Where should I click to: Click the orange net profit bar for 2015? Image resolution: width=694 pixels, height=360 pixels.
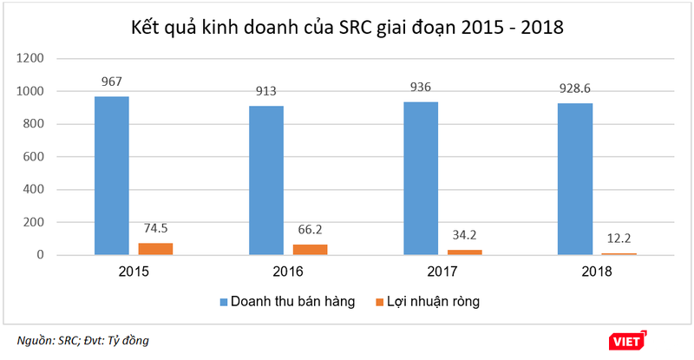(x=156, y=249)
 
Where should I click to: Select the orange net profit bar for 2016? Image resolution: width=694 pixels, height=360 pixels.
(x=311, y=250)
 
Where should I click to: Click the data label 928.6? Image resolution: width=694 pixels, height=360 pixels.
(x=577, y=88)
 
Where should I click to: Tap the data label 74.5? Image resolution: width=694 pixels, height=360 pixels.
(x=156, y=229)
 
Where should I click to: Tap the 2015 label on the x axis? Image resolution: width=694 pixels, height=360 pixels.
(x=134, y=272)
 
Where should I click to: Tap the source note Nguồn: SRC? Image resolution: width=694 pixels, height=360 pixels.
(x=49, y=341)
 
